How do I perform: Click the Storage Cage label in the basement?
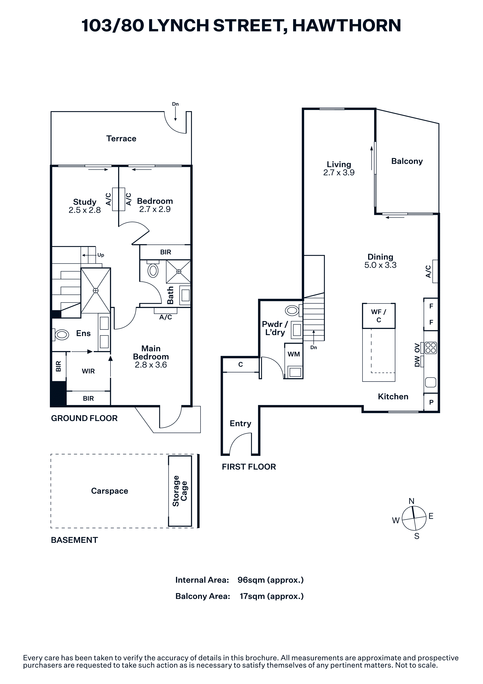[180, 491]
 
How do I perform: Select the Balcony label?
[407, 161]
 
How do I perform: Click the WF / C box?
[379, 316]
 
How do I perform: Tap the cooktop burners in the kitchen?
[431, 348]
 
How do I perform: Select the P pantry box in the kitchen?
[431, 402]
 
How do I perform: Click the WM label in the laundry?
[294, 354]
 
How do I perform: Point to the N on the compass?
[411, 501]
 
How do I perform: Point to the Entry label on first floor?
[240, 424]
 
